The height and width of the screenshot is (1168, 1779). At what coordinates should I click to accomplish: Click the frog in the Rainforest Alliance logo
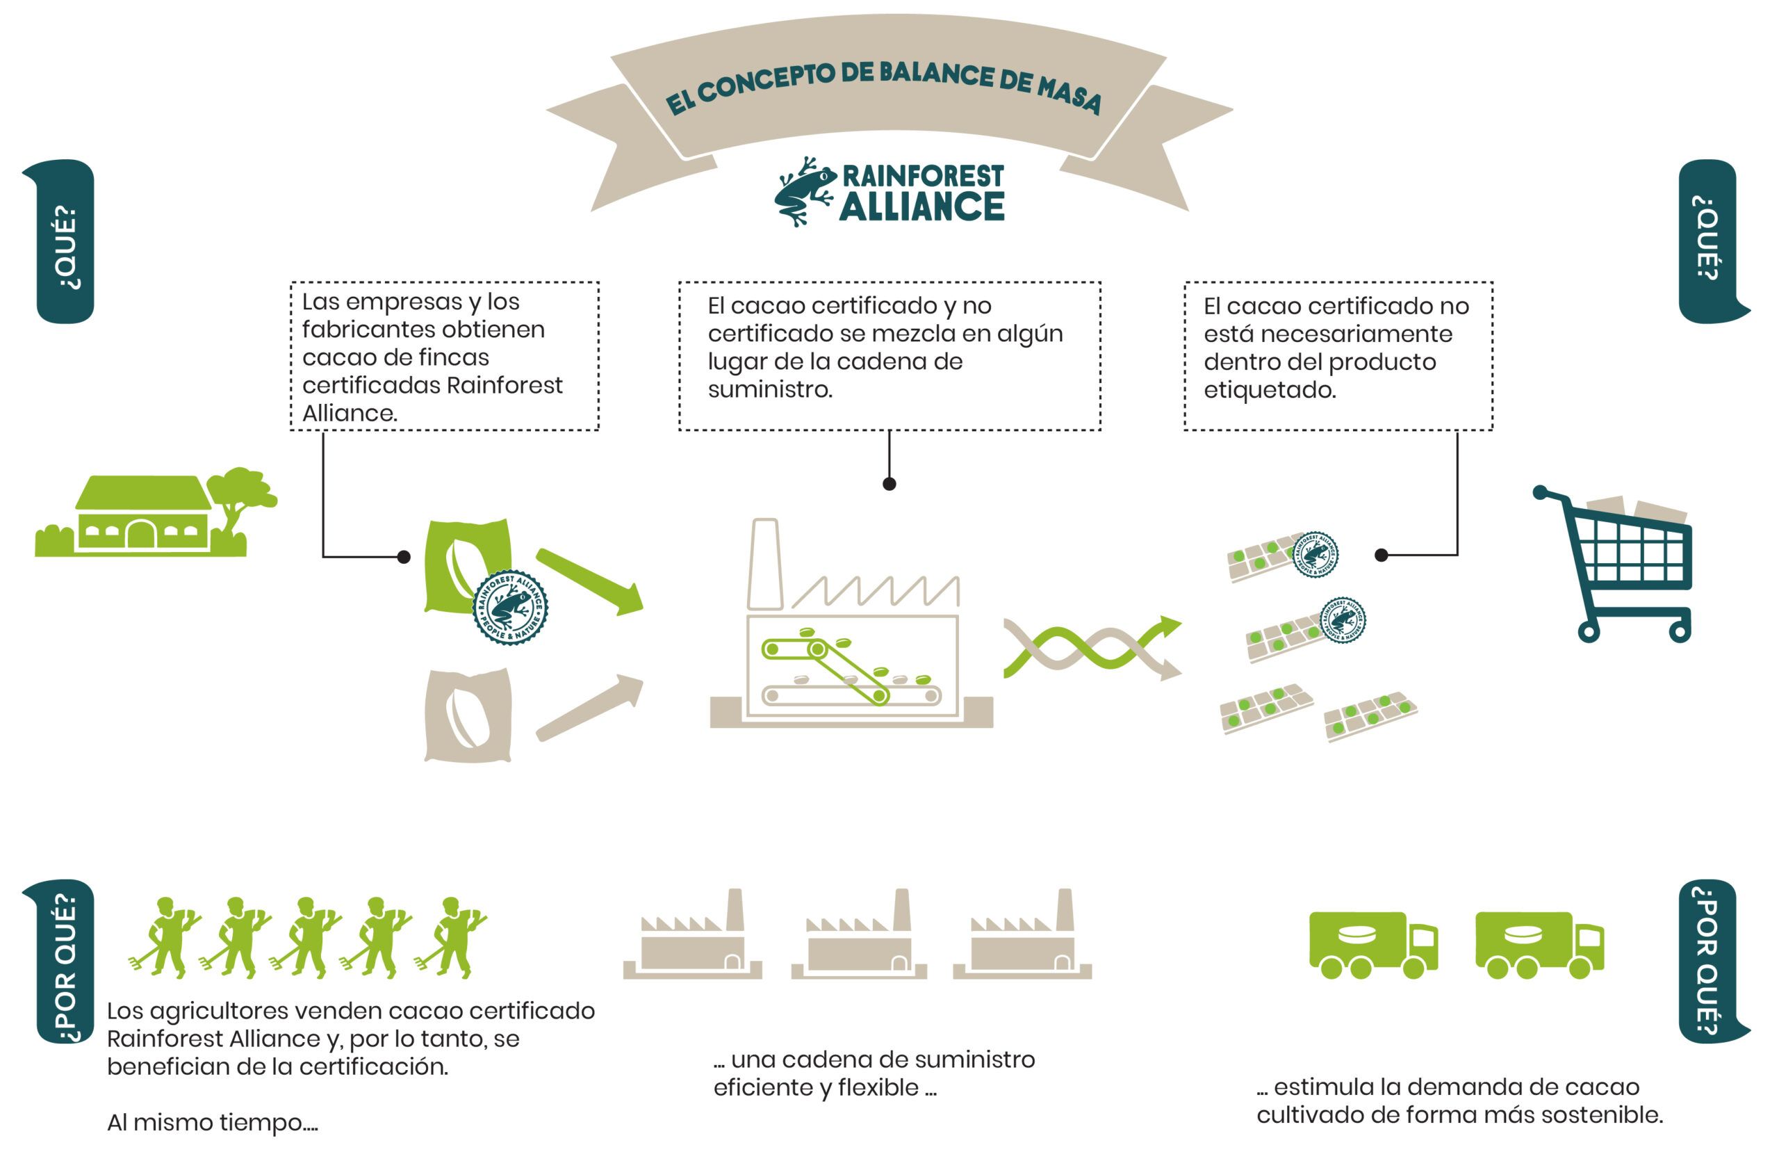(804, 190)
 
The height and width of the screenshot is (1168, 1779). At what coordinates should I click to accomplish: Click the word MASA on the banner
(1068, 95)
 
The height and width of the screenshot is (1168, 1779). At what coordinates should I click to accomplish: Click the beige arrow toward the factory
(591, 707)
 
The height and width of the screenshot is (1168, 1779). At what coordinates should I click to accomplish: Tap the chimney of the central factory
(764, 565)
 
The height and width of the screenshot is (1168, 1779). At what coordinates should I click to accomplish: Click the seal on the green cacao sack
(511, 606)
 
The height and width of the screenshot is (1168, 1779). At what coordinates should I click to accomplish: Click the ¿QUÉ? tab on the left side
(65, 241)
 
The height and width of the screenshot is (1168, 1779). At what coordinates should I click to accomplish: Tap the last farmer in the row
(452, 939)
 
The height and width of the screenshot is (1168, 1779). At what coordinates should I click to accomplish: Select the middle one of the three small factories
(860, 939)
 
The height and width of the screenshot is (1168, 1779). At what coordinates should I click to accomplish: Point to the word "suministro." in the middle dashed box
(770, 389)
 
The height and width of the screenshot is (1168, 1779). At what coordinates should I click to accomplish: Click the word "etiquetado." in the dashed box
(1269, 389)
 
